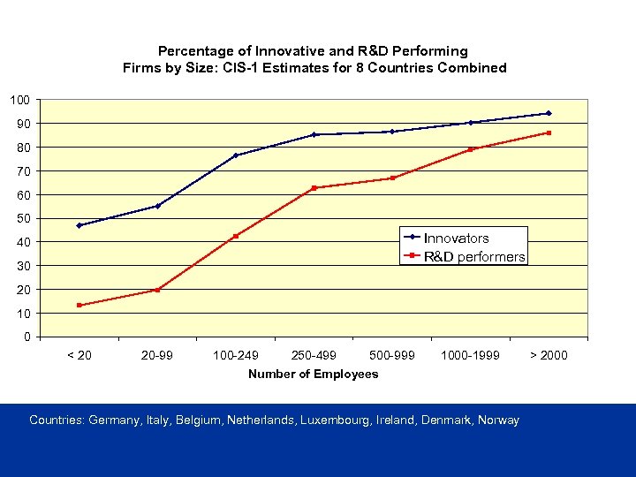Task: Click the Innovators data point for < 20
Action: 79,225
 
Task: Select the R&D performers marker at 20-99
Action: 157,290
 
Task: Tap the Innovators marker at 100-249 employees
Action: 236,155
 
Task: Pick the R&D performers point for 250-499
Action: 314,188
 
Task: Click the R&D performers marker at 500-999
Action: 392,178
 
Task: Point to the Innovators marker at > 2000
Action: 549,113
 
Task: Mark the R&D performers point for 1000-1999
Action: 471,149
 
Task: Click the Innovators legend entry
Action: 456,238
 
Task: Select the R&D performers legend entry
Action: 473,257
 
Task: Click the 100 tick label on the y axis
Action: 19,99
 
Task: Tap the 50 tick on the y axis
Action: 23,218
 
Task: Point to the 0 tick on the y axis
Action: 26,337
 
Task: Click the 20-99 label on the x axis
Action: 157,355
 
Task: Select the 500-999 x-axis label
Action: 392,355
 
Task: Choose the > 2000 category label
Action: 549,355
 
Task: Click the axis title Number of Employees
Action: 313,374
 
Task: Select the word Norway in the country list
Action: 498,420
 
